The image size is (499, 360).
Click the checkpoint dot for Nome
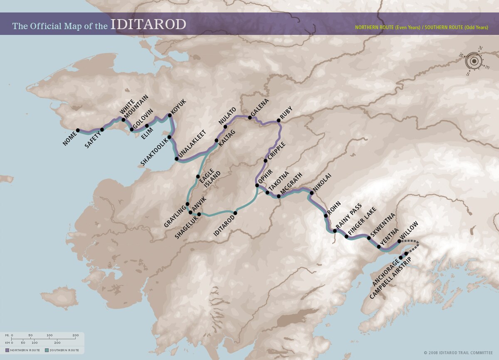click(78, 130)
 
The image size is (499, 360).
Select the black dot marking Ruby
click(279, 121)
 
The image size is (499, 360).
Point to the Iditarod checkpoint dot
click(235, 213)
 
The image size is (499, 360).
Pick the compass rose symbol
click(474, 62)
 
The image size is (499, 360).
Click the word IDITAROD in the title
click(148, 25)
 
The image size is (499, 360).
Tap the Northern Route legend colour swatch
click(7, 350)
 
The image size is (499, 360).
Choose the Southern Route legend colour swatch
click(47, 350)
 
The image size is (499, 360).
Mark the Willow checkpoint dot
click(399, 241)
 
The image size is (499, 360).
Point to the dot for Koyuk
click(170, 116)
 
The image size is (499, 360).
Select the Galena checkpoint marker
click(250, 118)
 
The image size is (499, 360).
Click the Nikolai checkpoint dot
click(311, 193)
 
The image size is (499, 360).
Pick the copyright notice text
click(459, 353)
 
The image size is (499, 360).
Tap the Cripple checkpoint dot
click(265, 160)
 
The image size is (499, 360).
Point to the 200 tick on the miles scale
click(76, 335)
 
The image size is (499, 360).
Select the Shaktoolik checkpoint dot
click(170, 137)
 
